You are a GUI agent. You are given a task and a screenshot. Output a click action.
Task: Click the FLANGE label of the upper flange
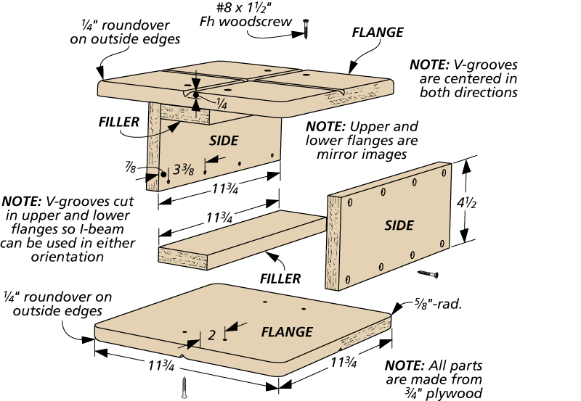pos(377,33)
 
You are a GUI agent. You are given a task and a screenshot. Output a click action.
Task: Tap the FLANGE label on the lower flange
pos(288,332)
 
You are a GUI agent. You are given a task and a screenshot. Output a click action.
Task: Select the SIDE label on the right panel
pos(399,226)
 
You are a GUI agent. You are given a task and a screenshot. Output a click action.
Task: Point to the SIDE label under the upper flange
pos(223,139)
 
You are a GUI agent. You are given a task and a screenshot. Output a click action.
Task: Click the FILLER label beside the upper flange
pos(118,122)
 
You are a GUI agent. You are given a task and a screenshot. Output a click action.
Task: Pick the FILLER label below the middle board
pos(280,277)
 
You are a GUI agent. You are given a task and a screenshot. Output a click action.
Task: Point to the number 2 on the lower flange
pos(211,334)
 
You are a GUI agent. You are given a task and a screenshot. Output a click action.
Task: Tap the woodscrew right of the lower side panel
pos(428,274)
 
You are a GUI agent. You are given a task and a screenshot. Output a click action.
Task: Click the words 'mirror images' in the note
pos(370,154)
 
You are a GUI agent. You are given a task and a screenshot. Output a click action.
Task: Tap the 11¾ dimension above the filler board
pos(224,217)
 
